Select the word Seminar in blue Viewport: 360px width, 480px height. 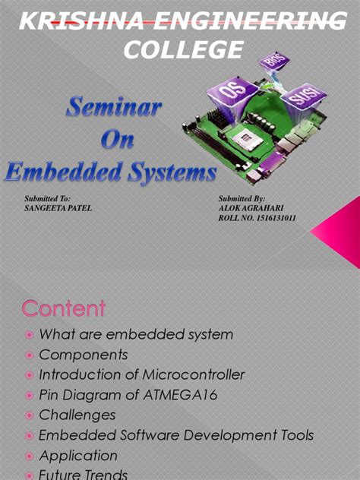point(113,109)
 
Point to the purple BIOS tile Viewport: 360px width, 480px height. point(272,62)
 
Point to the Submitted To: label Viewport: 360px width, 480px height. point(47,198)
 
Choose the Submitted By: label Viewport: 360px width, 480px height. point(241,198)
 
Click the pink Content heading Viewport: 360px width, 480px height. point(64,309)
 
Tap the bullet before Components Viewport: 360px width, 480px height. point(29,355)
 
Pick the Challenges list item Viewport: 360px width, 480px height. point(77,415)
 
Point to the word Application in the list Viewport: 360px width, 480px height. point(78,456)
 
